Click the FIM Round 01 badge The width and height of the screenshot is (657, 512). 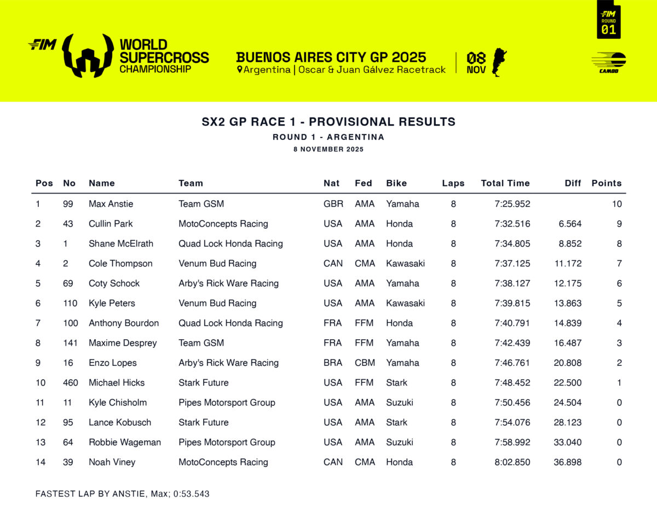pos(608,20)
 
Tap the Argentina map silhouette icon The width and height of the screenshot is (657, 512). pos(499,62)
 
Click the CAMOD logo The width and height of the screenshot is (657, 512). pos(609,62)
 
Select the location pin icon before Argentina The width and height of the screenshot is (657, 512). pos(239,70)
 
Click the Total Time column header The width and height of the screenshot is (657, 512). pos(505,183)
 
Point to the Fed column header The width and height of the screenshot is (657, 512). pos(363,183)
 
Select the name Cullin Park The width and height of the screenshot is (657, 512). pos(111,224)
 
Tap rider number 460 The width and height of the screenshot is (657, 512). pos(71,382)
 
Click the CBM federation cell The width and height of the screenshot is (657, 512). pos(365,363)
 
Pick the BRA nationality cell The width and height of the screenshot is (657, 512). pos(333,363)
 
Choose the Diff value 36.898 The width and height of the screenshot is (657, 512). pos(568,462)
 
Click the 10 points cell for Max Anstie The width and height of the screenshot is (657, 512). pos(617,204)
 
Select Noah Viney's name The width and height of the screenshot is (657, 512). pos(112,462)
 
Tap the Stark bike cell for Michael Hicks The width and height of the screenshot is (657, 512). pos(396,382)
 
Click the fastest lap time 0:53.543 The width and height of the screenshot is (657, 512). pos(191,494)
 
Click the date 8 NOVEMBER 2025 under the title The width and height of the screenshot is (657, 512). pos(328,149)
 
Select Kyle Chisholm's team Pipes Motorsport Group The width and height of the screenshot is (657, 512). pos(227,403)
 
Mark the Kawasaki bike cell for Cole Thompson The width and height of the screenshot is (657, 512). pos(405,264)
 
